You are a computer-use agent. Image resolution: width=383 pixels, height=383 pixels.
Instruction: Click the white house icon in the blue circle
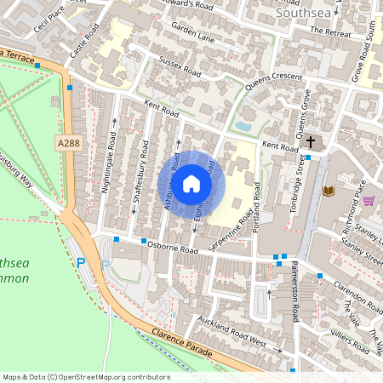pos(191,183)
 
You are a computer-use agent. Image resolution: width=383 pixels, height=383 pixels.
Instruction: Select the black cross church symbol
pos(311,141)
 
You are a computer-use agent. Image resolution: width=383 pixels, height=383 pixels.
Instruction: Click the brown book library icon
pos(329,190)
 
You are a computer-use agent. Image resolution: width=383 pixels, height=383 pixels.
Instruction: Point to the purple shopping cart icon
pos(369,201)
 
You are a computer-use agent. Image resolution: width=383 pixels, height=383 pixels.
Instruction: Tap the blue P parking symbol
pos(82,264)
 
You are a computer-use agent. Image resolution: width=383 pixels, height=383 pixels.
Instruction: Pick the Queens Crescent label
pos(274,82)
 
